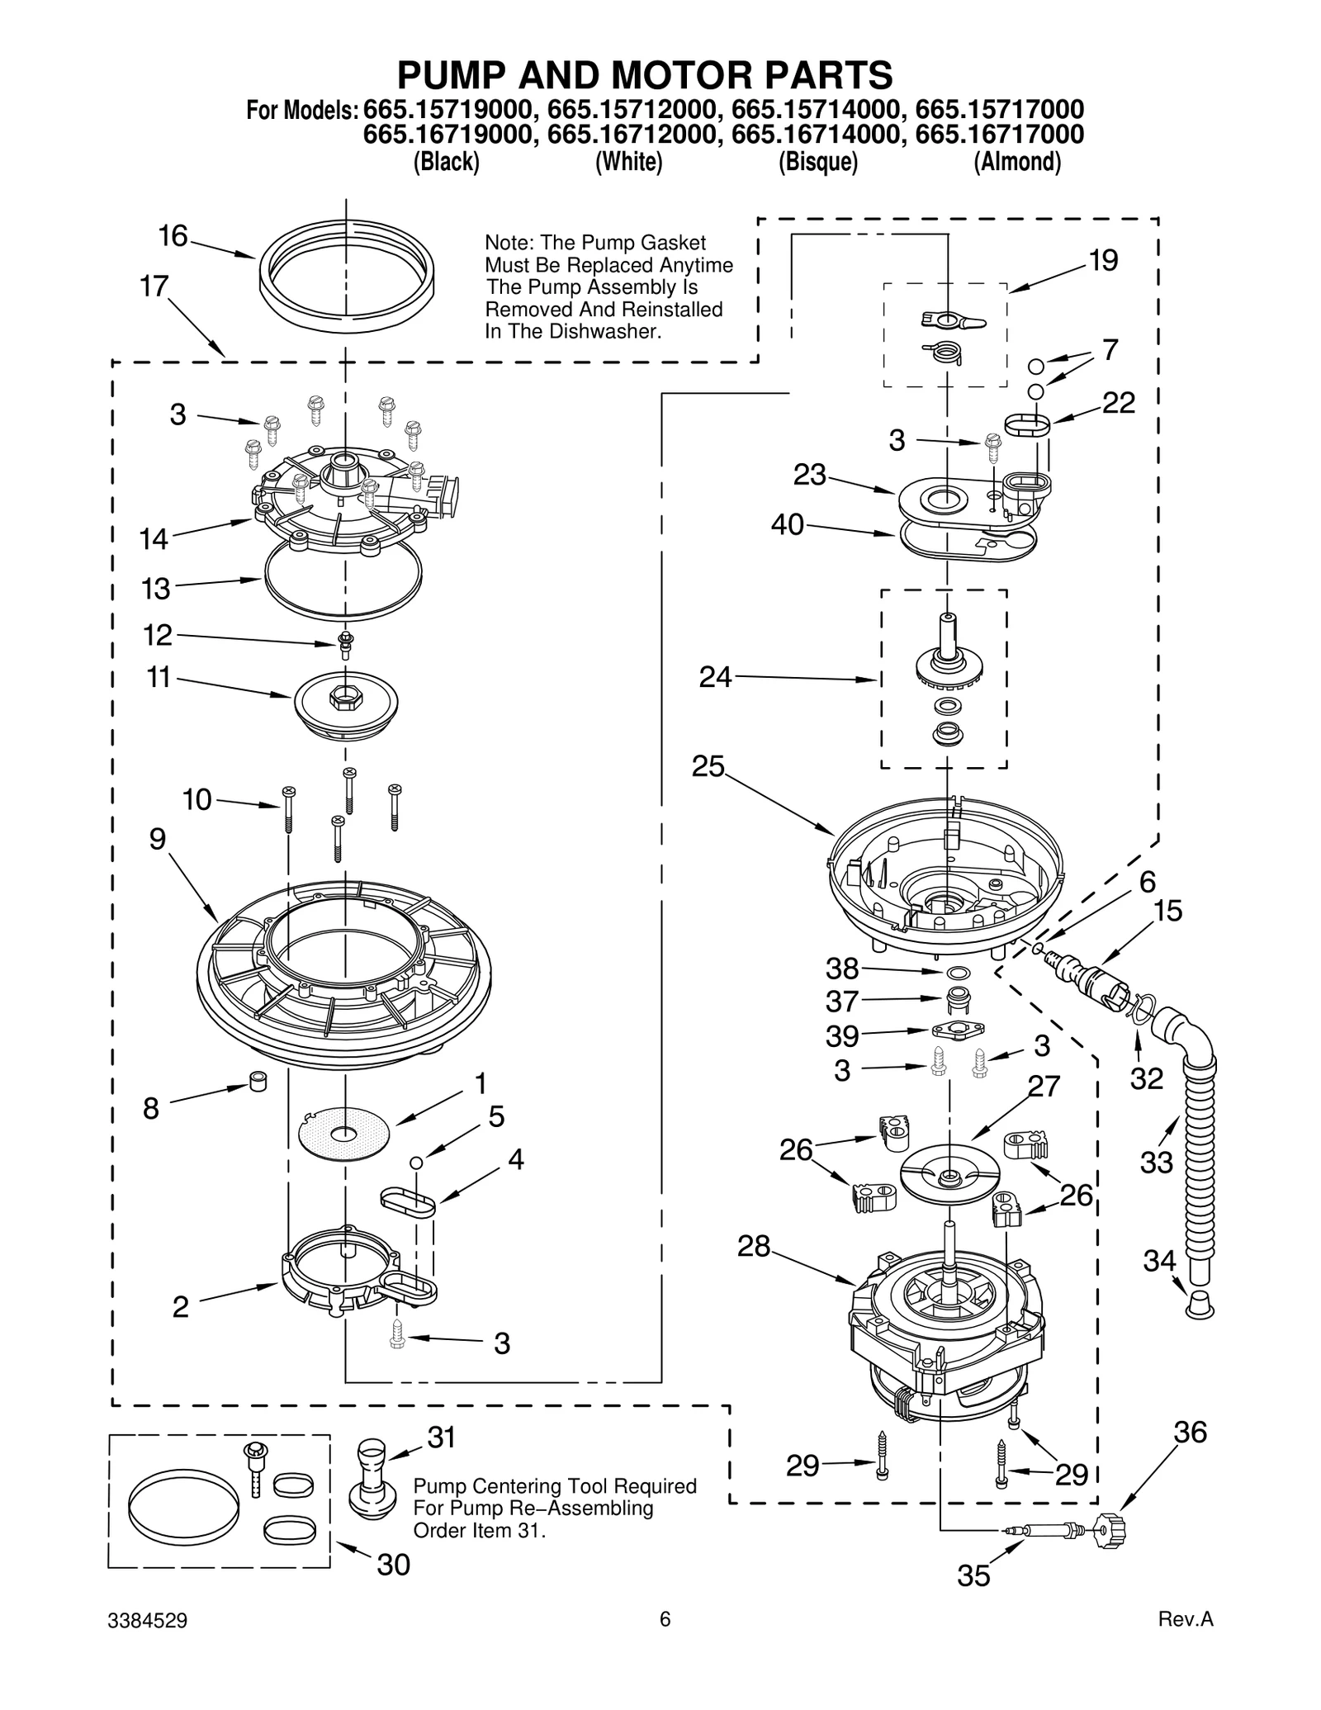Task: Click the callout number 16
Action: tap(173, 237)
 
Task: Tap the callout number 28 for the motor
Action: tap(753, 1247)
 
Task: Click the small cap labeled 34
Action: tap(1200, 1307)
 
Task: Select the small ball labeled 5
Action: tap(417, 1163)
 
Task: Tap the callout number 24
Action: tap(715, 678)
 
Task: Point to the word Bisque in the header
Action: tap(818, 163)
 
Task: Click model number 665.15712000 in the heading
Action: tap(631, 110)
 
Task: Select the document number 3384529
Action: tap(148, 1643)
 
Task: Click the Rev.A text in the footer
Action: tap(1186, 1643)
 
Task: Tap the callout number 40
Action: tap(787, 525)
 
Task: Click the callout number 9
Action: tap(158, 840)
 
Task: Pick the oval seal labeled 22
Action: tap(1028, 425)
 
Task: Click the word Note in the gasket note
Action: tap(506, 244)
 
